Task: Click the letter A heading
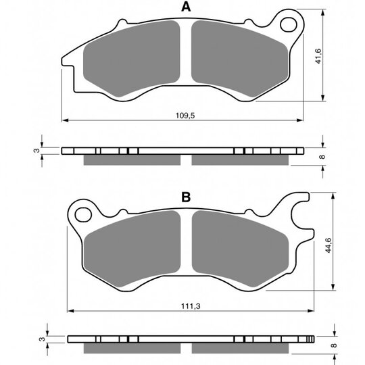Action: pos(186,7)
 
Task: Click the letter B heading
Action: pos(186,197)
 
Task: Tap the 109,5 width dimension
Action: pos(185,115)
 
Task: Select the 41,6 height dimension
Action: pos(318,56)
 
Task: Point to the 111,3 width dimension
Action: pos(191,306)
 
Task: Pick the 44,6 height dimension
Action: pos(328,245)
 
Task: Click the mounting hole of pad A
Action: pos(289,25)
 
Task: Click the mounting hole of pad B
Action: pos(83,215)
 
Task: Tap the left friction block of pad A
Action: pos(132,58)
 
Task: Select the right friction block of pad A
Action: pos(240,58)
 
